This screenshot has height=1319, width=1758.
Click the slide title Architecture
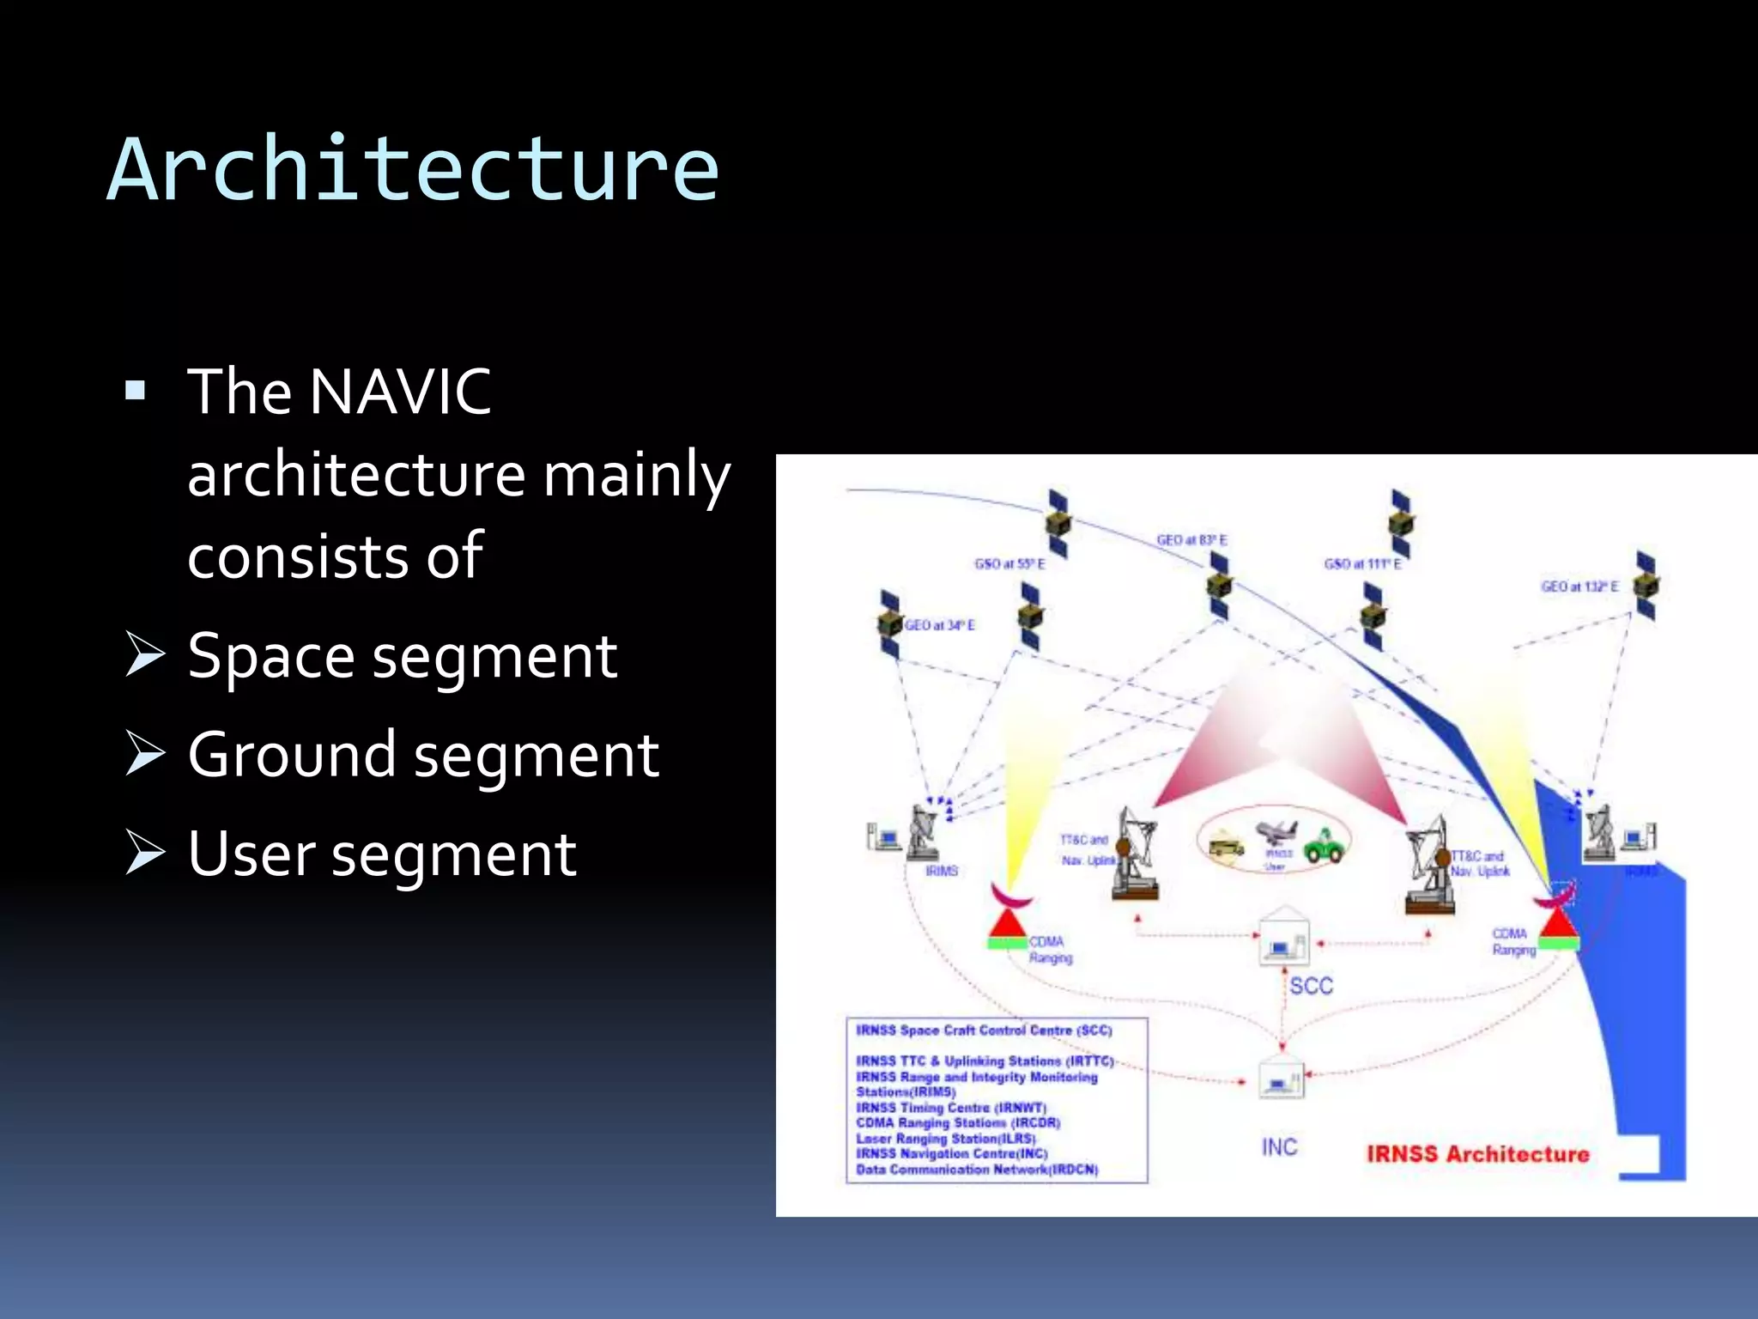pyautogui.click(x=412, y=170)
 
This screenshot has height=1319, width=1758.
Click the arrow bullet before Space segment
pyautogui.click(x=144, y=654)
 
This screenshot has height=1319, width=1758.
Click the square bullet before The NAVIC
pyautogui.click(x=136, y=392)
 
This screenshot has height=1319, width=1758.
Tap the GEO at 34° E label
pyautogui.click(x=940, y=625)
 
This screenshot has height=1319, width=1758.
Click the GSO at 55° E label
pyautogui.click(x=1009, y=564)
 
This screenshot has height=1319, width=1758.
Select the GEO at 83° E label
pyautogui.click(x=1191, y=540)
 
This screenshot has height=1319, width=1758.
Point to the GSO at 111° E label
pyautogui.click(x=1362, y=564)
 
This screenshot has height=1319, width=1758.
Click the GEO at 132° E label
pyautogui.click(x=1579, y=587)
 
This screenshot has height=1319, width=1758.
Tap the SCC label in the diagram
pyautogui.click(x=1311, y=986)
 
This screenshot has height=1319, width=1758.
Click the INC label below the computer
pyautogui.click(x=1279, y=1147)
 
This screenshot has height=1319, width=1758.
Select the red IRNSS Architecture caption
pyautogui.click(x=1477, y=1154)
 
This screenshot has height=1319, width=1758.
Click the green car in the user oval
pyautogui.click(x=1325, y=846)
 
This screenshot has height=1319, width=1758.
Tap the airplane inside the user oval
pyautogui.click(x=1276, y=831)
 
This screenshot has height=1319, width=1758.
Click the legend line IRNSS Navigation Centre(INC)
pyautogui.click(x=951, y=1153)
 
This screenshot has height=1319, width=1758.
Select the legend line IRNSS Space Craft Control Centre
pyautogui.click(x=984, y=1030)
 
